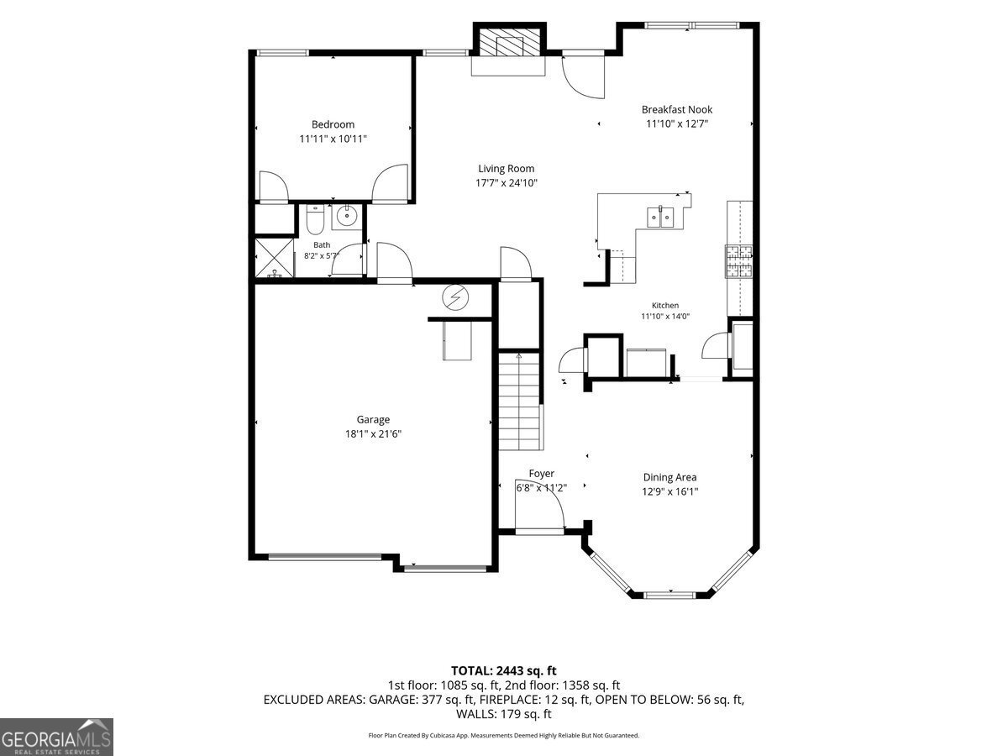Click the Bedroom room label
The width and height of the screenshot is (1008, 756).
click(333, 124)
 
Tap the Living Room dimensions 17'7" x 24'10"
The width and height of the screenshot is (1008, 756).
click(506, 183)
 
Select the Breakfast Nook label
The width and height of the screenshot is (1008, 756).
click(677, 110)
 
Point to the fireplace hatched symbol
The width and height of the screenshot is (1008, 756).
click(510, 42)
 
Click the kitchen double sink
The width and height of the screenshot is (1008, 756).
click(660, 217)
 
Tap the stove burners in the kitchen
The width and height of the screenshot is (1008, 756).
click(739, 261)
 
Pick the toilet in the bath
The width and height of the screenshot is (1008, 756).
click(316, 219)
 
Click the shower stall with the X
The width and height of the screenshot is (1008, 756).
click(274, 258)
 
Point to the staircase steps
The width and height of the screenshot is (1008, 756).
click(519, 401)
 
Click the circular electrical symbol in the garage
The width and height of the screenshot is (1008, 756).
click(455, 298)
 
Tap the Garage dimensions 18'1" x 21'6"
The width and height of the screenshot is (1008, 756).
click(373, 433)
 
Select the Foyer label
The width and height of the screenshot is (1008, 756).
click(542, 473)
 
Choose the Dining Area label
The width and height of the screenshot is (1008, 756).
click(669, 477)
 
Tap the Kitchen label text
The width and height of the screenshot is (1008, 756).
click(665, 305)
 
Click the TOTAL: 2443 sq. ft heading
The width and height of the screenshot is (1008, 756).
click(504, 670)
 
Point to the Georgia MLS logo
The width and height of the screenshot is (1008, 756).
click(56, 737)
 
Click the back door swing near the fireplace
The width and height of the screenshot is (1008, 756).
click(583, 76)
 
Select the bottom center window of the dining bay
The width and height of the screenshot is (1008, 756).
click(670, 596)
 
